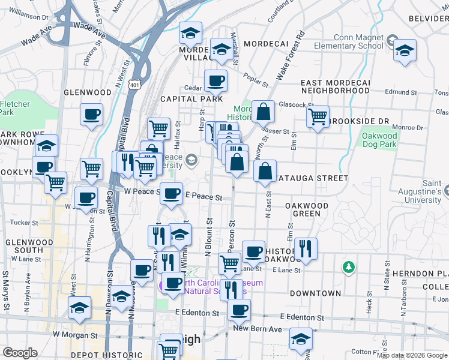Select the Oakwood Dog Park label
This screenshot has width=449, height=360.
click(x=379, y=140)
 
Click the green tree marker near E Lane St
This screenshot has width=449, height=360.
click(x=348, y=266)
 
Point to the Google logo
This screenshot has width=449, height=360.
click(x=20, y=352)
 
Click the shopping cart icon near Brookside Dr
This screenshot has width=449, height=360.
click(x=318, y=116)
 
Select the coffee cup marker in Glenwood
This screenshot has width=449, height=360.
click(x=92, y=115)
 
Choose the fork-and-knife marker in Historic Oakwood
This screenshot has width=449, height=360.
click(x=306, y=248)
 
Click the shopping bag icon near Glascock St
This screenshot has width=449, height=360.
click(x=263, y=112)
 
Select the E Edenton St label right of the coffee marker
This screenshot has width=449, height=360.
click(x=303, y=317)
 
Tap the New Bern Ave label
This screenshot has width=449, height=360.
click(x=257, y=329)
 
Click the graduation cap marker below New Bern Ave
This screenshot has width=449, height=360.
click(x=301, y=339)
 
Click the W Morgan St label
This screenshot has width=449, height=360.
click(x=74, y=334)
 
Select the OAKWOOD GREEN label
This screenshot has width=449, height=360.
click(x=306, y=209)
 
